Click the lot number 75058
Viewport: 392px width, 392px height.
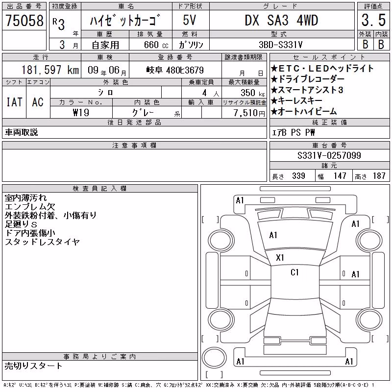tap(24, 20)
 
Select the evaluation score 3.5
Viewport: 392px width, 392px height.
tap(373, 20)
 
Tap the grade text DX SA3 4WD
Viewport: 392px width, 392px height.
tap(281, 20)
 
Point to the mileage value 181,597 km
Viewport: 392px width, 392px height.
tap(50, 70)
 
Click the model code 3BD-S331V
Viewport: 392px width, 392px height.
tap(280, 45)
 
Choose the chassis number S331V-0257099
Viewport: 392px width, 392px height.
tap(329, 155)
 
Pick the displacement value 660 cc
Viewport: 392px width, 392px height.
tap(156, 45)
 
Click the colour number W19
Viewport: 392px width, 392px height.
tap(81, 113)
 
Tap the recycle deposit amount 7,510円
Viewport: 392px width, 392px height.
tap(249, 113)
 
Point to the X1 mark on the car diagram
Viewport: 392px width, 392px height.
tap(280, 258)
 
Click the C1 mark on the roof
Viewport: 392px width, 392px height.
tap(294, 272)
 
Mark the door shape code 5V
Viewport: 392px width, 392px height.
tap(189, 20)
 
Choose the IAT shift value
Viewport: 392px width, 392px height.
tap(14, 102)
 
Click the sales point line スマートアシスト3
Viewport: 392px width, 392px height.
tap(307, 90)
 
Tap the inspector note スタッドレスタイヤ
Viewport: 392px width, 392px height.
tap(42, 242)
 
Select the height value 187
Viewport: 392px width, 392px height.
tap(379, 176)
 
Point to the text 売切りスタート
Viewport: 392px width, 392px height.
tap(33, 366)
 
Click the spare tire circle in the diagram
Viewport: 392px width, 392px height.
tap(214, 357)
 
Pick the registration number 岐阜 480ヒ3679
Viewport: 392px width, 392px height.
tap(175, 70)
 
